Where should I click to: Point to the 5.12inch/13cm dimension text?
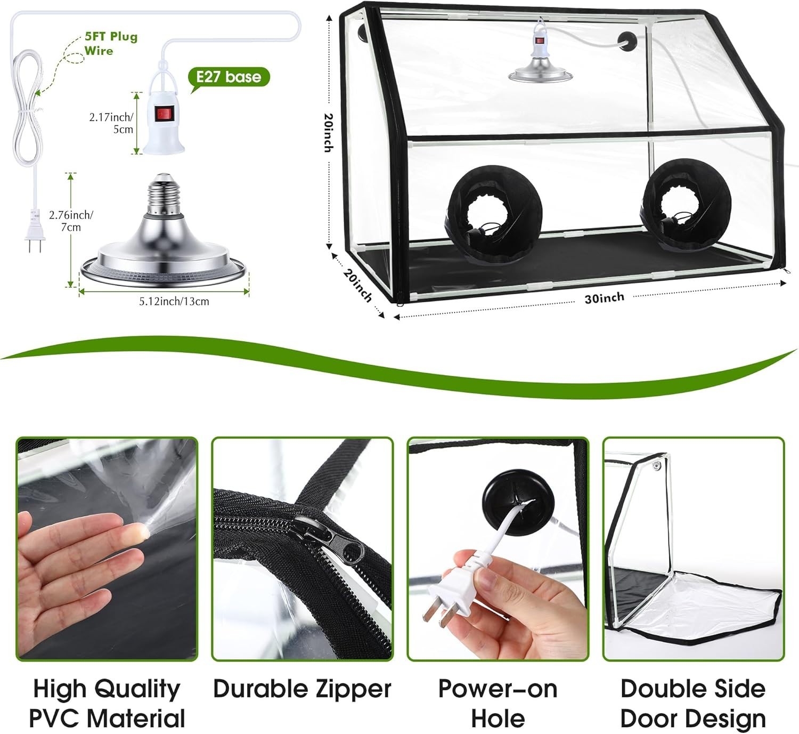coord(174,301)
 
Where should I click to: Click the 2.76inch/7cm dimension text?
coord(71,221)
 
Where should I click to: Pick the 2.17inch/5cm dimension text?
coord(111,123)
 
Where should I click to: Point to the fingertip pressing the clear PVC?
coord(141,530)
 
